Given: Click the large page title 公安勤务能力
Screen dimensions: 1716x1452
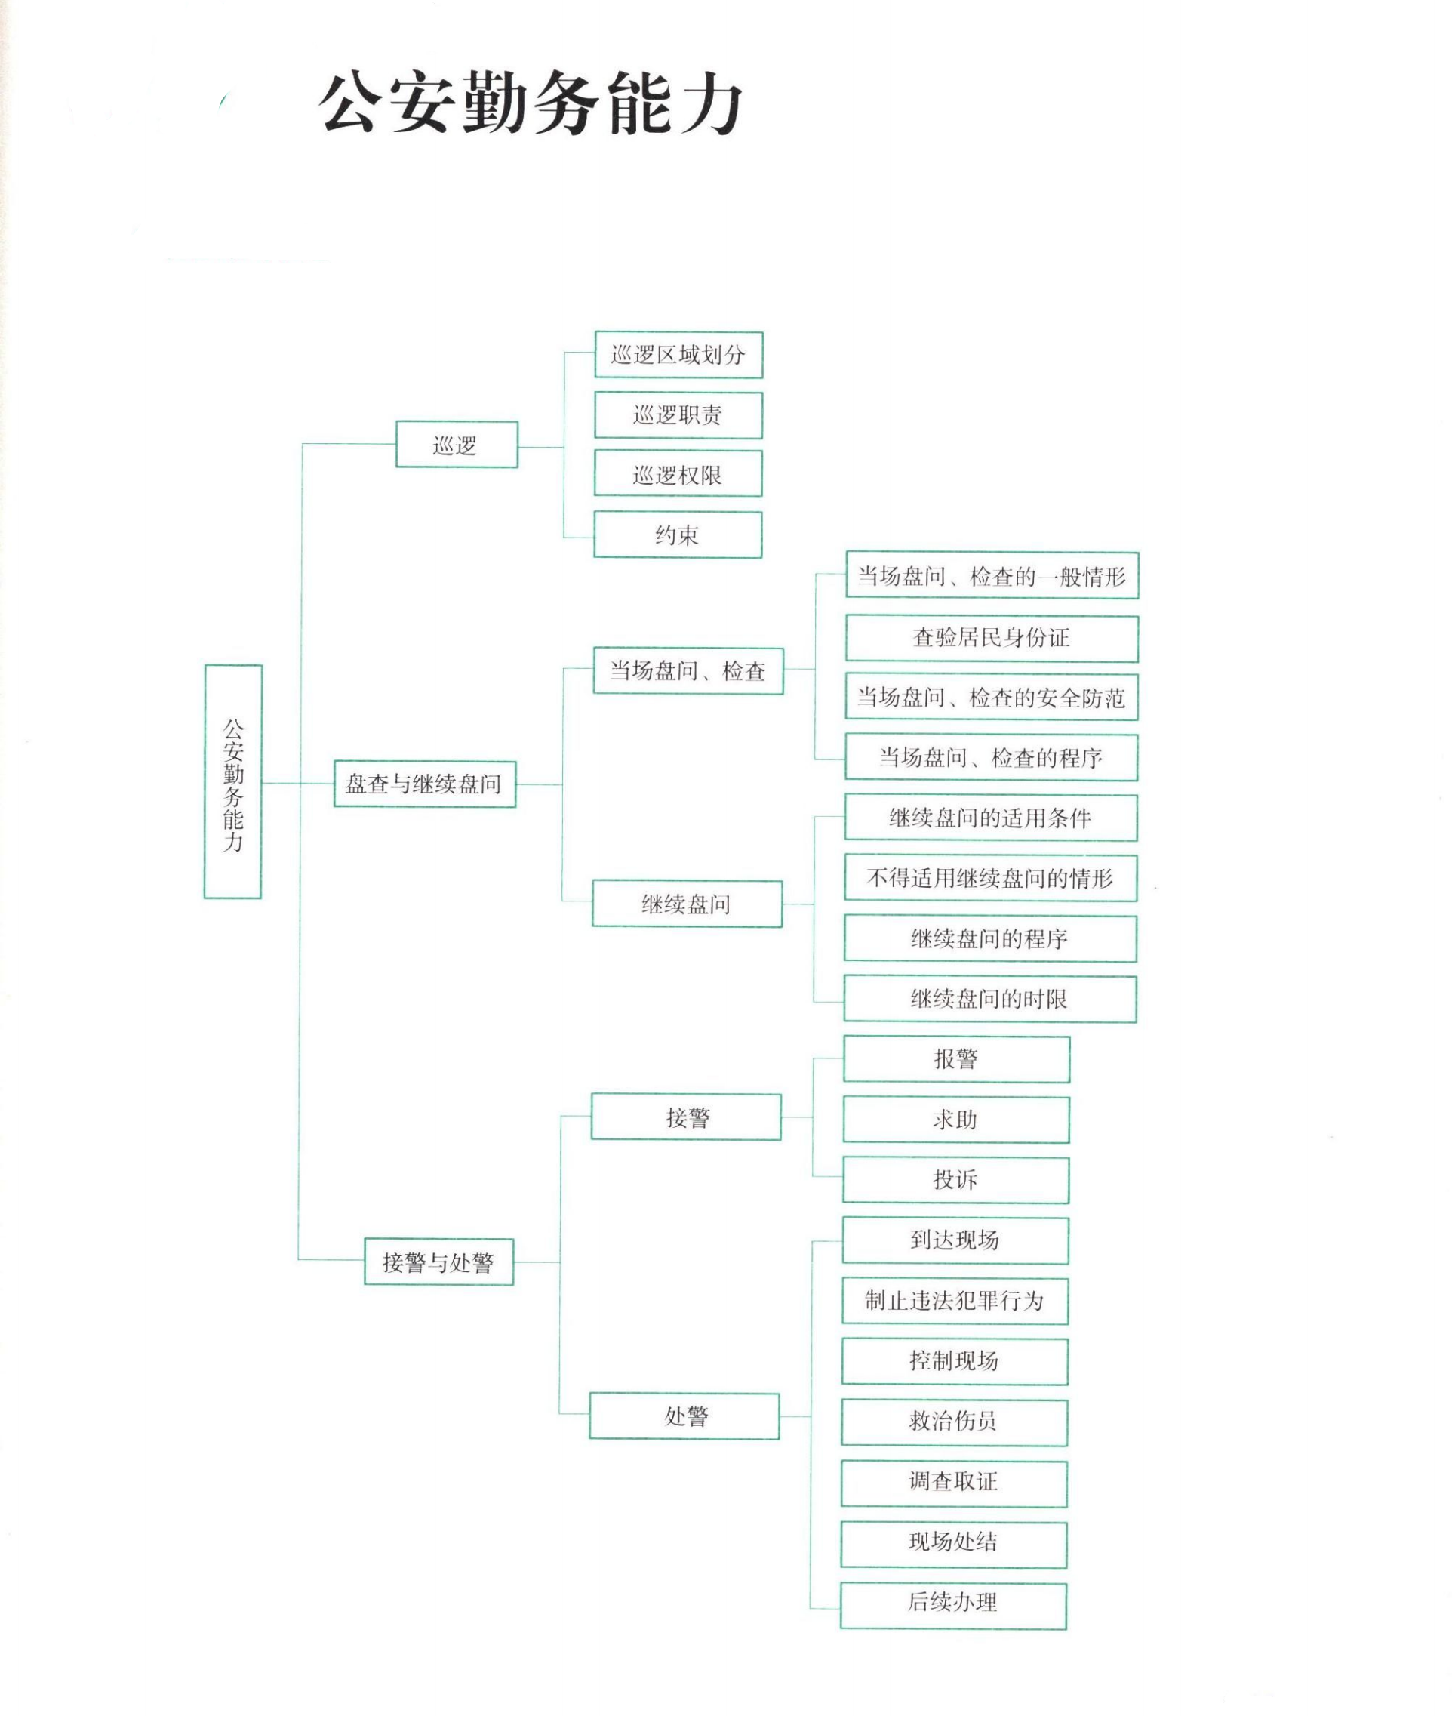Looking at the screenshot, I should pos(531,103).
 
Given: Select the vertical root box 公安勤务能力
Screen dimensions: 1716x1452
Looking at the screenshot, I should pos(233,781).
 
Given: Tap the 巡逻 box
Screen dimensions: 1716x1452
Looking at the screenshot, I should pos(456,445).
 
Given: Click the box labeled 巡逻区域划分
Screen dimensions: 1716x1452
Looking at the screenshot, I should pos(678,355).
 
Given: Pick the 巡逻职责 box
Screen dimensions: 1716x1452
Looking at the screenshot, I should pos(678,415).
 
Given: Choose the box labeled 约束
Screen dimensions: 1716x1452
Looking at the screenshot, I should pos(678,535).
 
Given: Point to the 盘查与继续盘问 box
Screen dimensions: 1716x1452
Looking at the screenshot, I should pos(425,784).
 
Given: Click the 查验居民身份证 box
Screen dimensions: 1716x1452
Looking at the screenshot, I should pos(991,638).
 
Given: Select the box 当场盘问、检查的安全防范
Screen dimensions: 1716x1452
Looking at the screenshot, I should pos(991,698).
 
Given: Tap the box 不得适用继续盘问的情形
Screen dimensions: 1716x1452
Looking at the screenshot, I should pos(990,879).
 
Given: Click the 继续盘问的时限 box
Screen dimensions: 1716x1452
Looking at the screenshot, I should pos(989,999).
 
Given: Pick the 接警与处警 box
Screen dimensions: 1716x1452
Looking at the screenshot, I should pos(438,1262).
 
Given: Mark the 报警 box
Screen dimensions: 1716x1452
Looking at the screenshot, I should pos(955,1059).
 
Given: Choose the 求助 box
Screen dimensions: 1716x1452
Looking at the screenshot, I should pos(955,1120).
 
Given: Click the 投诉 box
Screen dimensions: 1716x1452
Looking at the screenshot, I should pos(955,1180).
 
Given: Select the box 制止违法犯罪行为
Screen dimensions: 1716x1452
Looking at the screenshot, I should pos(955,1301).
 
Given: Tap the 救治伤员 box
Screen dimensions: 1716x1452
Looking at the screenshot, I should pos(954,1422).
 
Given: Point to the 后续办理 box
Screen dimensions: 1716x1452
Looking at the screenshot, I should pos(953,1601).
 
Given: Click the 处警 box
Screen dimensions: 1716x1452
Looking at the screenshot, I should pos(684,1416).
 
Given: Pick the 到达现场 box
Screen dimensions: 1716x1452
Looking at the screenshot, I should pos(955,1240).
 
